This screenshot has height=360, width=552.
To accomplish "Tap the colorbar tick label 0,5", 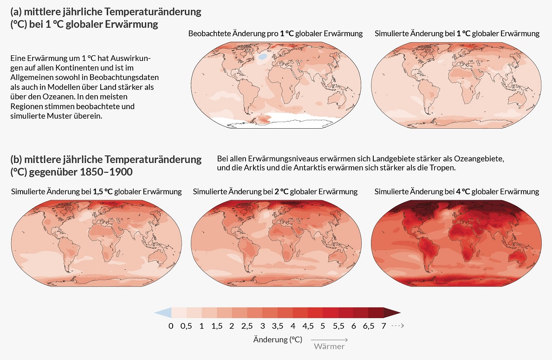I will (186, 326).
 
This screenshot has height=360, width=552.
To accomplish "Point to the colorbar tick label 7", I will (383, 326).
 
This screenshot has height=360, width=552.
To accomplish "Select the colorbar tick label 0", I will (171, 326).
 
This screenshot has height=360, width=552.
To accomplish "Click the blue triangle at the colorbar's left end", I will (163, 313).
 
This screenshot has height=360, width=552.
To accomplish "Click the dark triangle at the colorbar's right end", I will (392, 313).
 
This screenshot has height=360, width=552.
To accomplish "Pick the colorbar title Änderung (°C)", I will (278, 340).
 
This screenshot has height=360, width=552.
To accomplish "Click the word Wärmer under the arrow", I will (329, 347).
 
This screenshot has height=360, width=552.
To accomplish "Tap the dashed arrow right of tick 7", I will (397, 326).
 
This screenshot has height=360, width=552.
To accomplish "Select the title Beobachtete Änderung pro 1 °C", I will (275, 33).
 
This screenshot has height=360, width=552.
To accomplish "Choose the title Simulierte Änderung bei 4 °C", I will (456, 191).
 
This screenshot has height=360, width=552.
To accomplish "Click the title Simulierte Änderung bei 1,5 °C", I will (96, 191).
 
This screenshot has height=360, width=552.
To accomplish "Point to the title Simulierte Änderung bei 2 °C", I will (275, 191).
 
